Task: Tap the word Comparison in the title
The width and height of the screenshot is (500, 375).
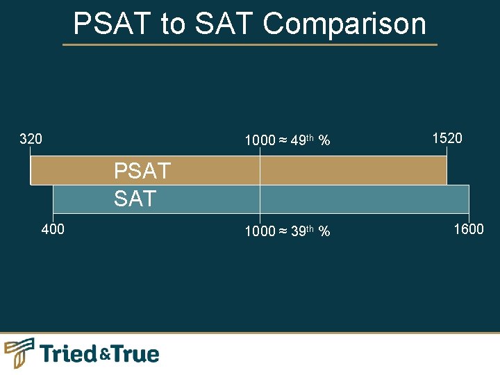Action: tap(344, 24)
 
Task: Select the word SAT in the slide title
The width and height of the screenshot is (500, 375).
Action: tap(224, 24)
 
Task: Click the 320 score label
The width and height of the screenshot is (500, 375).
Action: tap(31, 139)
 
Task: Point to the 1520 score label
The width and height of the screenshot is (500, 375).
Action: tap(447, 138)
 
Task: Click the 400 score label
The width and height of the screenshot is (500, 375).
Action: tap(53, 229)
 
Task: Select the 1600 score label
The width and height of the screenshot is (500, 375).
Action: tap(469, 229)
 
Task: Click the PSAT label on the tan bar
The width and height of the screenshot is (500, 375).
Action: tap(142, 171)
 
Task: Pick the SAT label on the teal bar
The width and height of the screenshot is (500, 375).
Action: tap(135, 199)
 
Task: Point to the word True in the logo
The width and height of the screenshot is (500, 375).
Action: tap(135, 354)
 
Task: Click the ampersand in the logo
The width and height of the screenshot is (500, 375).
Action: tap(104, 356)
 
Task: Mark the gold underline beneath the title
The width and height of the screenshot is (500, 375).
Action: tap(250, 45)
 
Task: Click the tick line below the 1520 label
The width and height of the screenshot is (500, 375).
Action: tap(447, 151)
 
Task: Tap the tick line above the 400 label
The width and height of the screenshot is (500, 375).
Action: tap(53, 217)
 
